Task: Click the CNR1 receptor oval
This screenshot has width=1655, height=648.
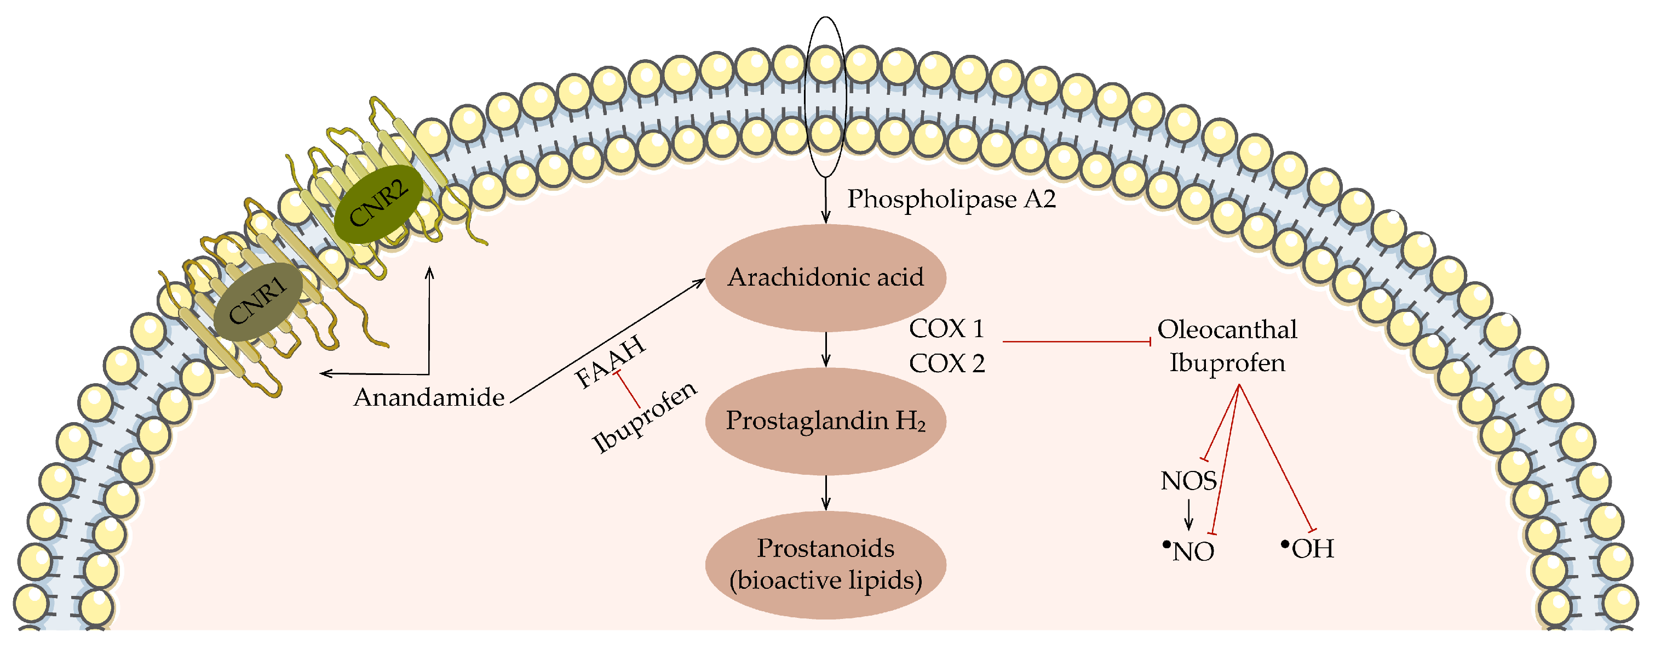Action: [x=257, y=302]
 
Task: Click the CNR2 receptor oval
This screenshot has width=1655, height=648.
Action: [x=378, y=204]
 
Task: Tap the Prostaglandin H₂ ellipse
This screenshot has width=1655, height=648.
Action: [x=825, y=421]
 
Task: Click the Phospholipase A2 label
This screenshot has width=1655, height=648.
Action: [x=951, y=200]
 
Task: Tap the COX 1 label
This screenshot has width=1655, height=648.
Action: [x=946, y=329]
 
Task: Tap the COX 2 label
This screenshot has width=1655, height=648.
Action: [x=946, y=364]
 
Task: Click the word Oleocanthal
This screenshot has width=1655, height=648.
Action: [x=1227, y=330]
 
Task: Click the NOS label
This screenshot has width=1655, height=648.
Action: [x=1188, y=481]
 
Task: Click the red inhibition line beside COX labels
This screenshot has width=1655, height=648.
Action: [x=1076, y=342]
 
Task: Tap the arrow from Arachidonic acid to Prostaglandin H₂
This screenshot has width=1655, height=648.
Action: [x=826, y=350]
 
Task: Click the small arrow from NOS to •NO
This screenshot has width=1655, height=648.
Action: [x=1188, y=514]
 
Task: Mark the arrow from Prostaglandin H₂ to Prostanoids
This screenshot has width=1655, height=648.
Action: [x=826, y=493]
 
